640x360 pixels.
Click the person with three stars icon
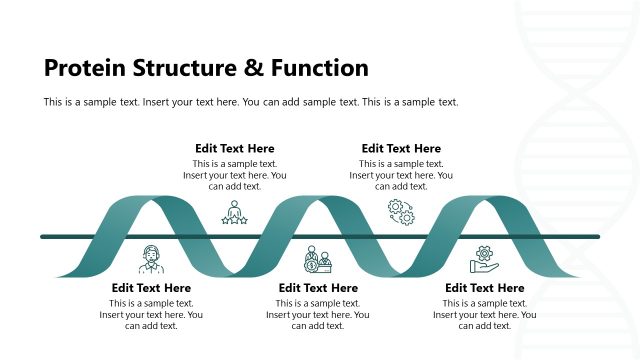(x=234, y=213)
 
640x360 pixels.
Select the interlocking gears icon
(x=401, y=212)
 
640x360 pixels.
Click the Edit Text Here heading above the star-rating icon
(x=234, y=149)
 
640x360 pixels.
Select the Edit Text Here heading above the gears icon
(x=401, y=149)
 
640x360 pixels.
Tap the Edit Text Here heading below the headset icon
(x=151, y=288)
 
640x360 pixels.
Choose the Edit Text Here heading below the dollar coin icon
(x=317, y=288)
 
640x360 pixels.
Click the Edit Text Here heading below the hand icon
(x=484, y=288)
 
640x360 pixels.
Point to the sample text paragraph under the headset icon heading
(x=151, y=315)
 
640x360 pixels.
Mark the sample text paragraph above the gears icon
(x=401, y=175)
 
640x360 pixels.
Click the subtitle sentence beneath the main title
(x=251, y=102)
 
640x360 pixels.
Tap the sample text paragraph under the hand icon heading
(x=484, y=315)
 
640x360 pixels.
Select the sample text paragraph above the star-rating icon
(x=234, y=175)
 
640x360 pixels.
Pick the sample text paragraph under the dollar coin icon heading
(x=317, y=315)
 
